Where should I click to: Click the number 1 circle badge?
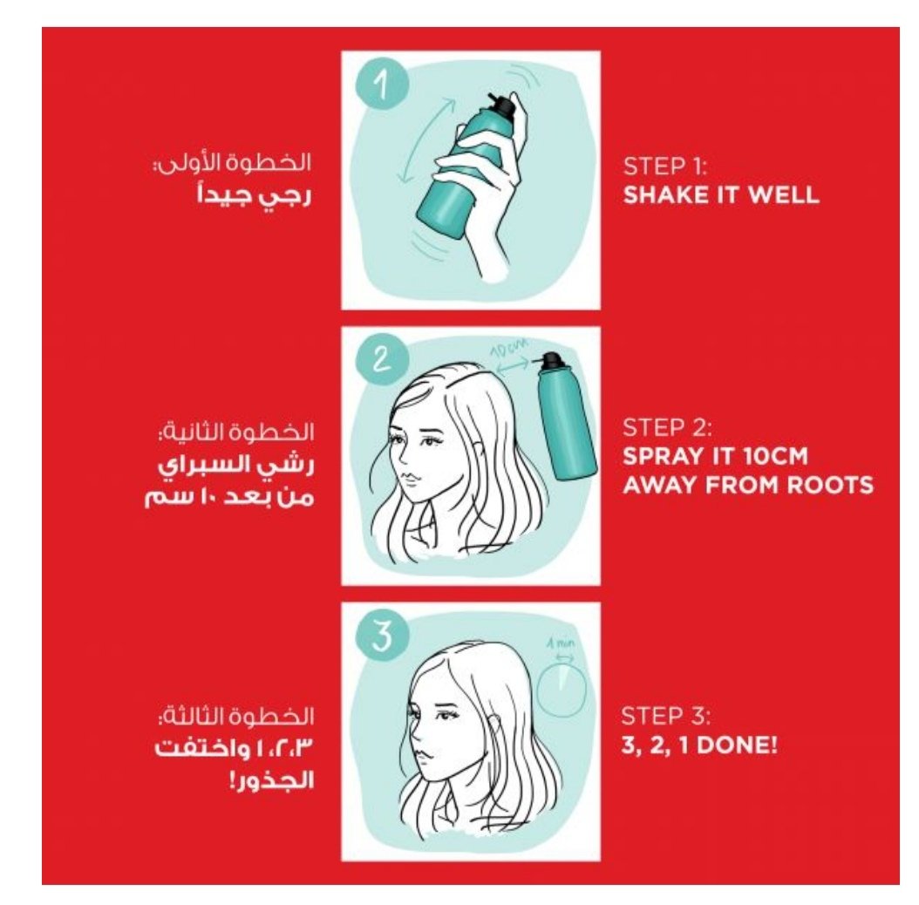point(382,85)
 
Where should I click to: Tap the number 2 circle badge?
point(382,358)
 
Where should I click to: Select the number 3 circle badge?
point(382,636)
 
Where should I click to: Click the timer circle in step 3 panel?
point(562,691)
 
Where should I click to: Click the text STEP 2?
point(667,428)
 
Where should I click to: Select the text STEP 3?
point(666,717)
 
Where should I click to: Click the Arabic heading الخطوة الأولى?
point(232,162)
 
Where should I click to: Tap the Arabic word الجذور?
point(271,779)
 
